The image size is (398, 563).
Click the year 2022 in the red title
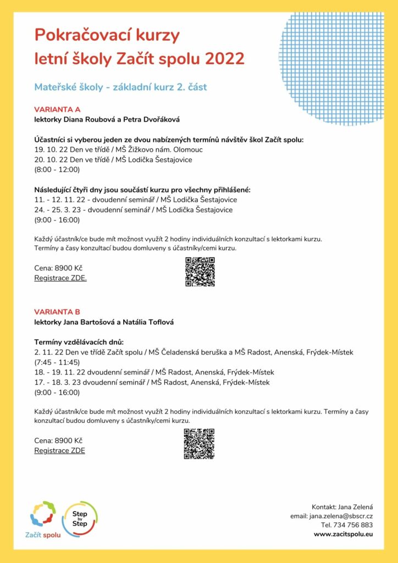coord(224,59)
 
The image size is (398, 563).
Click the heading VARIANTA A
coord(58,109)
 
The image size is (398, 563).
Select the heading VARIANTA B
coord(57,312)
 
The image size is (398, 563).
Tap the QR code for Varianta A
coord(200,272)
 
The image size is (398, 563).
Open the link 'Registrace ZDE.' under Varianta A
coord(60,278)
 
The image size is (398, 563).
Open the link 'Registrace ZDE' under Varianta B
coord(59,450)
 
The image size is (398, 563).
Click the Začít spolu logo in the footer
coord(43,520)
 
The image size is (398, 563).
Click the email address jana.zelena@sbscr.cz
coord(341,516)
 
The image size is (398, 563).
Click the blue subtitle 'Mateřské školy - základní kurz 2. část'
coord(120,87)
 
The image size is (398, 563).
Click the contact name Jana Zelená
coord(353,506)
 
